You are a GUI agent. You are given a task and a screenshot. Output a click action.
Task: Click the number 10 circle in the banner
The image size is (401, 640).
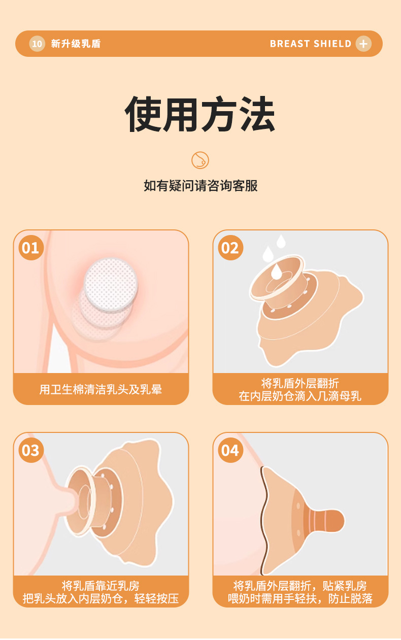[37, 44]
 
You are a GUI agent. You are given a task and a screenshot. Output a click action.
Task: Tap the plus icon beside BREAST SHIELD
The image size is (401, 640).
[363, 44]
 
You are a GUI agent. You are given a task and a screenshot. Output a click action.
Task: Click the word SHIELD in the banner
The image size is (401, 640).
[332, 44]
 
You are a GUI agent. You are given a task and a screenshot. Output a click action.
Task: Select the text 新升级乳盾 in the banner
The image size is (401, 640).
[76, 44]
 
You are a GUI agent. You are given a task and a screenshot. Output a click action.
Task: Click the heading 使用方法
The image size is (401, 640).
[200, 114]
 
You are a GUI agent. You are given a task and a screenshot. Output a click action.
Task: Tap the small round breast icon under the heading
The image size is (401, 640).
[200, 160]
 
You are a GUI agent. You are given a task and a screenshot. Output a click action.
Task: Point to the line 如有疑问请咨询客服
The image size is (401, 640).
[201, 186]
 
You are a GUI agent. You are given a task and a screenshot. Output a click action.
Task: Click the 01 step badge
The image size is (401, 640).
[31, 248]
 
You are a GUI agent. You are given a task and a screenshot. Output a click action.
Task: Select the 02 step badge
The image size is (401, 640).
[230, 248]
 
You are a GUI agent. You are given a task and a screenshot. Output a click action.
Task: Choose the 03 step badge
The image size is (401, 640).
[31, 450]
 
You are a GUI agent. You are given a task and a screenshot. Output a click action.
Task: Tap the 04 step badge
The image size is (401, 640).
[230, 450]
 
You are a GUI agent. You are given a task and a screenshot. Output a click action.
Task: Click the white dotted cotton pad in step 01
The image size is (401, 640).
[111, 284]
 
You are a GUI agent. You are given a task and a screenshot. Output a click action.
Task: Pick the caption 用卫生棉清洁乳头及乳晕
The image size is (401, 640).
[101, 389]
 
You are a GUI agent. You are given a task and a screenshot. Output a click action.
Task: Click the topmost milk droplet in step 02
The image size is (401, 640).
[281, 241]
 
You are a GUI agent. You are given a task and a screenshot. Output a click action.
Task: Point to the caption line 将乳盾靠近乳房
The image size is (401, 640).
[101, 586]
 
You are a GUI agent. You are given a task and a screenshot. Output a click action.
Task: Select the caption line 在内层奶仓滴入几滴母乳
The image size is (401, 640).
[300, 396]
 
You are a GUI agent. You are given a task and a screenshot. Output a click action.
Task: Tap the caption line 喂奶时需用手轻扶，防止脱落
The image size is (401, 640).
[300, 598]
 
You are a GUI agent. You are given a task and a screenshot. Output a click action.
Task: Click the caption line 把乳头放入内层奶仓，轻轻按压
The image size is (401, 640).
[101, 598]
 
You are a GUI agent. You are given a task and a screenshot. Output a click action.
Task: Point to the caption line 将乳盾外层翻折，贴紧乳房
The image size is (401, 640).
[300, 586]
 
